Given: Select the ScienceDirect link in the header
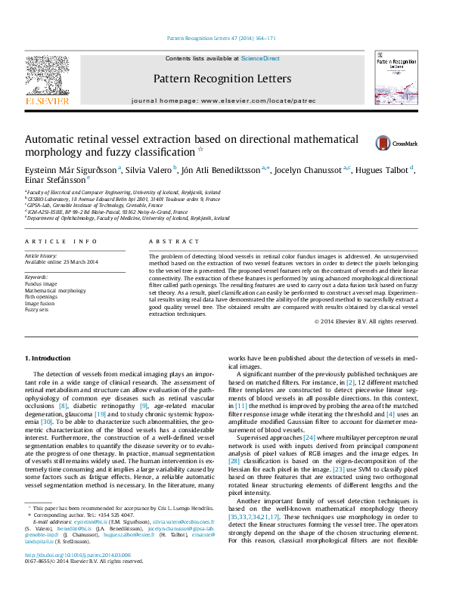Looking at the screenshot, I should (260, 58).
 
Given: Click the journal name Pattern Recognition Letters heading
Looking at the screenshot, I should (222, 79).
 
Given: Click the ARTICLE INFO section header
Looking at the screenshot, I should (61, 241).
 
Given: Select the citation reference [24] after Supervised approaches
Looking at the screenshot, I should (309, 437).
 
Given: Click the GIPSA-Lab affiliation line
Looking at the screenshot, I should (94, 205).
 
